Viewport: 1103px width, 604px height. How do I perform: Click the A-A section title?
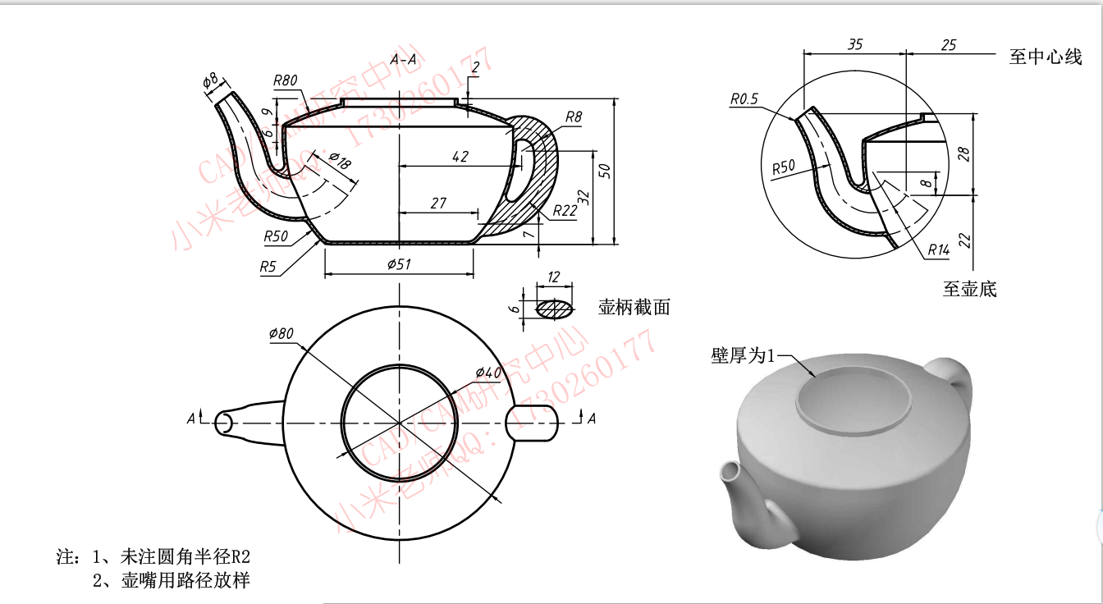coord(403,60)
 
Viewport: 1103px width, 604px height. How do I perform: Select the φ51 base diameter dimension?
coord(398,263)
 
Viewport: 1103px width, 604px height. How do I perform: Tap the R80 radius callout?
coord(286,80)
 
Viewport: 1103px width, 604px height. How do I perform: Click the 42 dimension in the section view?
coord(460,157)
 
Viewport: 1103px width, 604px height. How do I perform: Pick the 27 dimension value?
coord(438,203)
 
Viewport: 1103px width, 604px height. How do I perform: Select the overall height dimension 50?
coord(605,170)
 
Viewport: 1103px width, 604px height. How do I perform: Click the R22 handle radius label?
coord(565,210)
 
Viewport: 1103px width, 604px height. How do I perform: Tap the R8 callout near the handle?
coord(573,117)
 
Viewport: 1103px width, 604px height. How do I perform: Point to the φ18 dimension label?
coord(339,161)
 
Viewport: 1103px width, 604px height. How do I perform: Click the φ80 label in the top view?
coord(281,333)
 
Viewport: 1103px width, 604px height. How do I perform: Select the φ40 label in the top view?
coord(487,373)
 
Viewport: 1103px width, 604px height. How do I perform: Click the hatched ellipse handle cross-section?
coord(555,309)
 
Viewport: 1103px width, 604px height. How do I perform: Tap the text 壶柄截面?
coord(634,308)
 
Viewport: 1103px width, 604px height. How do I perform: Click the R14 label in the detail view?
coord(940,249)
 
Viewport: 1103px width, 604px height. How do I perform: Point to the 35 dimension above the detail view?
coord(854,45)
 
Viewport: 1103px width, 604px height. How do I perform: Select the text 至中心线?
coord(1046,57)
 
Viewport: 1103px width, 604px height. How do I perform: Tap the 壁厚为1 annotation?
coord(742,355)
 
